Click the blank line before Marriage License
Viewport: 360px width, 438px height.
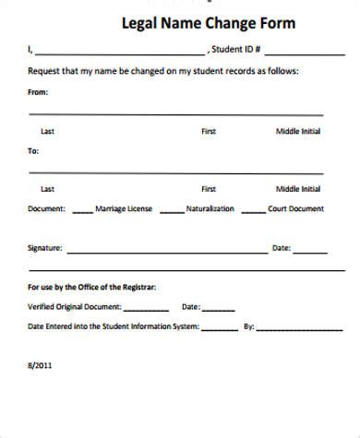click(82, 211)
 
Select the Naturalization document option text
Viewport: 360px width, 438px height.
click(210, 208)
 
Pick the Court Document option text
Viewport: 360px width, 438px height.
click(295, 208)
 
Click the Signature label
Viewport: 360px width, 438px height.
click(45, 248)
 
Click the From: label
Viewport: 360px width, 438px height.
click(38, 92)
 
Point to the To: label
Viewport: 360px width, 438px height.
click(33, 149)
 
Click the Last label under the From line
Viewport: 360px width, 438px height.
click(48, 132)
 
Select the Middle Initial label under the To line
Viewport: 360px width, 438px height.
click(298, 189)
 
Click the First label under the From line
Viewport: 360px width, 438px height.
click(209, 132)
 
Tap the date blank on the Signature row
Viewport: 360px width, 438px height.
click(310, 251)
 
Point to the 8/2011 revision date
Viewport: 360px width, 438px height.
click(38, 365)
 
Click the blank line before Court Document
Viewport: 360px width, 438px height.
click(251, 211)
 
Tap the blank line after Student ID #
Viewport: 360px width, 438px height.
click(297, 52)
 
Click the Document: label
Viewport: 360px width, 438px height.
click(46, 208)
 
